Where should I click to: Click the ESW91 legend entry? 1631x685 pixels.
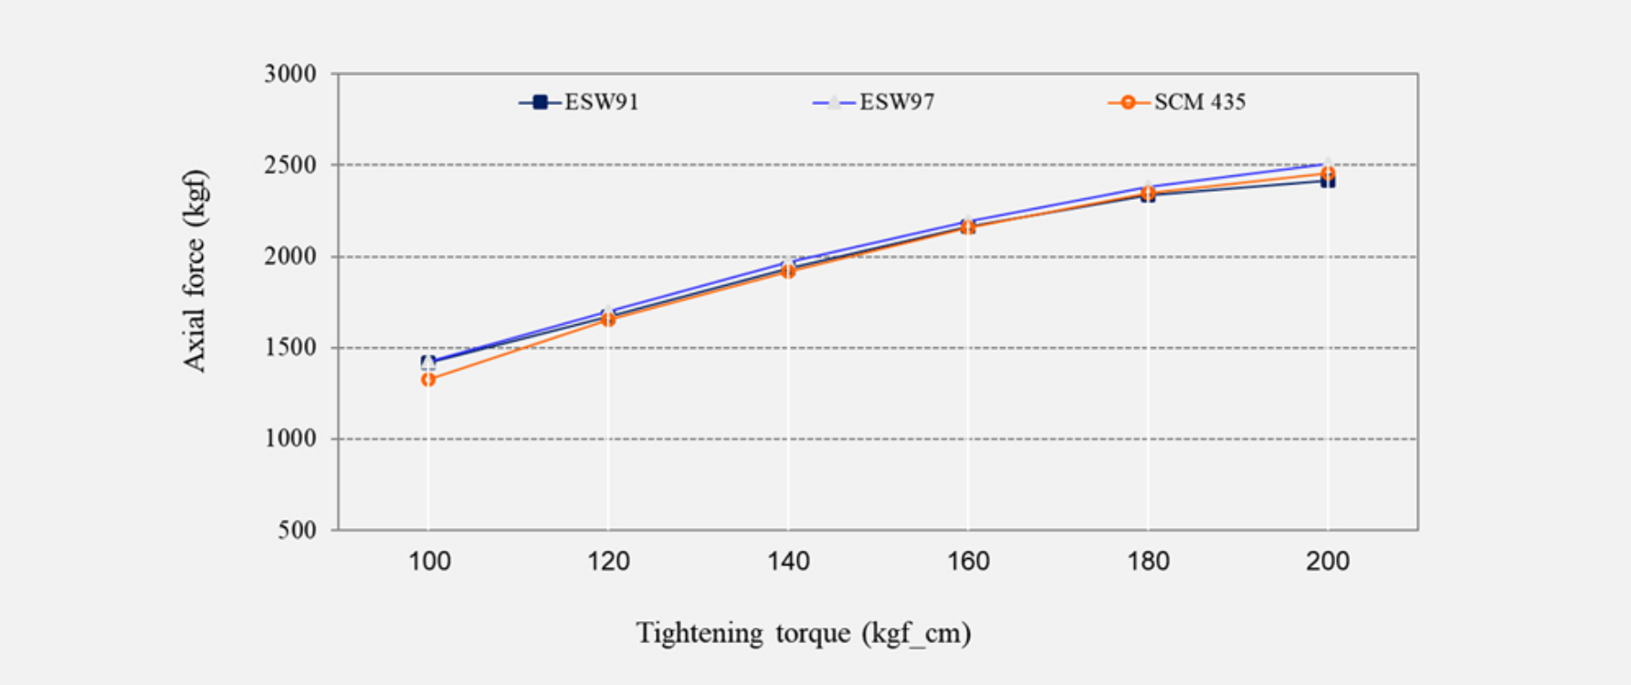pos(580,102)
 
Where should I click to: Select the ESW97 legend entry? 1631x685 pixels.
pos(875,102)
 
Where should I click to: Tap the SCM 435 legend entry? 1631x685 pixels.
pos(1177,102)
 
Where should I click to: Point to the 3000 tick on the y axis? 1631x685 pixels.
pos(290,74)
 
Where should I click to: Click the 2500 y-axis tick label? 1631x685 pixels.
pos(290,165)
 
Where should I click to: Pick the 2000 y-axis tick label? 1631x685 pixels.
pos(290,257)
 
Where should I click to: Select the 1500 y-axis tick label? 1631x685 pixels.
pos(290,348)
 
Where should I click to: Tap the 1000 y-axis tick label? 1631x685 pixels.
pos(290,439)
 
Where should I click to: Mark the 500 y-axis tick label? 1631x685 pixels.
pos(298,531)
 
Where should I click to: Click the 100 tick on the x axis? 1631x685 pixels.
pos(428,561)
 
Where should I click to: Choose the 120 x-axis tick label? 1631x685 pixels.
pos(608,561)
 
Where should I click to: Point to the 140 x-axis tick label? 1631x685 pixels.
pos(788,561)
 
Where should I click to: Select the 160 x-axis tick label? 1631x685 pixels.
pos(968,561)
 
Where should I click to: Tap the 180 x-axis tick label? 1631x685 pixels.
pos(1148,561)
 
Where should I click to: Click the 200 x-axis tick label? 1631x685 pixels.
pos(1328,561)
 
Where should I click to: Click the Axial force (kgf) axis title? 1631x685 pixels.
pos(195,271)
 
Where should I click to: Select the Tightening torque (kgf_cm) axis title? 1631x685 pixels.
pos(804,633)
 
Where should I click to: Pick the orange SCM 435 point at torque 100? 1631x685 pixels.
pos(428,379)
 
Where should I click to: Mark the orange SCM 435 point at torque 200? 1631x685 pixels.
pos(1328,174)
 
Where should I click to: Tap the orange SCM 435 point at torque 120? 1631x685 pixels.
pos(608,320)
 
